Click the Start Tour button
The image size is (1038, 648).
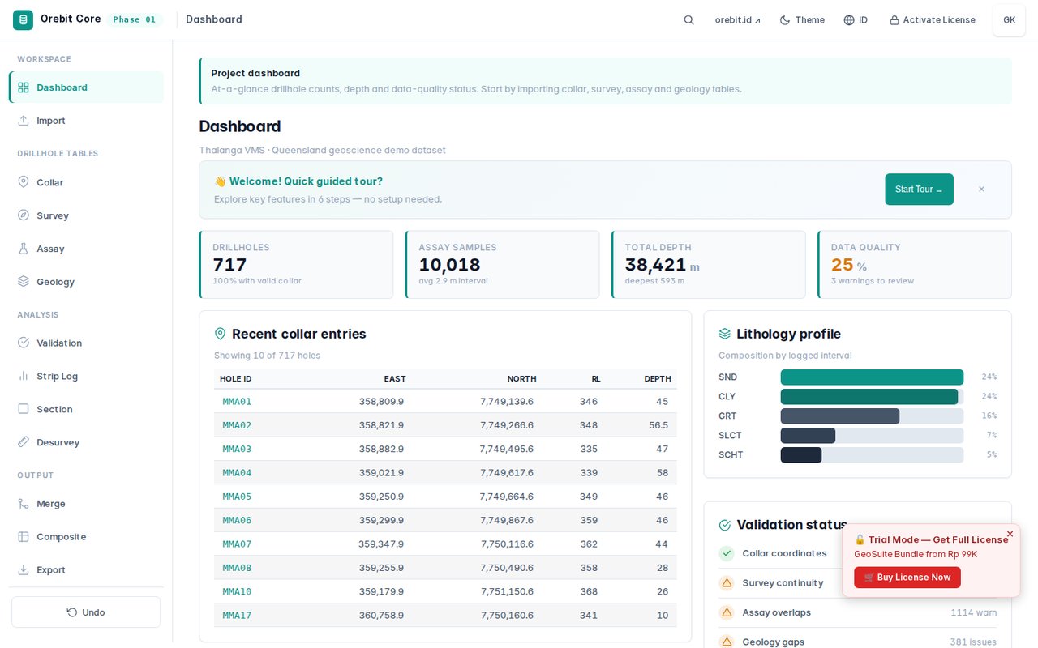(x=919, y=190)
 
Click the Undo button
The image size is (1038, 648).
(x=86, y=612)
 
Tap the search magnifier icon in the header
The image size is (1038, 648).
(x=688, y=20)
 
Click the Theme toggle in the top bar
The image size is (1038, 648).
(x=802, y=20)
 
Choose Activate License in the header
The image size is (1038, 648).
(x=933, y=20)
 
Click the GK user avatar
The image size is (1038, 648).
(x=1010, y=20)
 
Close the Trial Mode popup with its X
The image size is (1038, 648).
(x=1010, y=534)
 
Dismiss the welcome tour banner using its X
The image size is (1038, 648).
(x=981, y=190)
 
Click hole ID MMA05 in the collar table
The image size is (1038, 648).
(x=237, y=497)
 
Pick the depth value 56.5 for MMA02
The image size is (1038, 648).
(x=658, y=425)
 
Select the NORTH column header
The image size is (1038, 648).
(x=521, y=378)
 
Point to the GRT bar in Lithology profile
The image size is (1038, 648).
(x=840, y=416)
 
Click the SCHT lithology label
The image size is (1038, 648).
(x=731, y=455)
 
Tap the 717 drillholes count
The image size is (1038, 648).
(x=229, y=265)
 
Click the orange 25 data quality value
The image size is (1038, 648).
(x=842, y=265)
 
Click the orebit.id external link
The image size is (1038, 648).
(x=738, y=20)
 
